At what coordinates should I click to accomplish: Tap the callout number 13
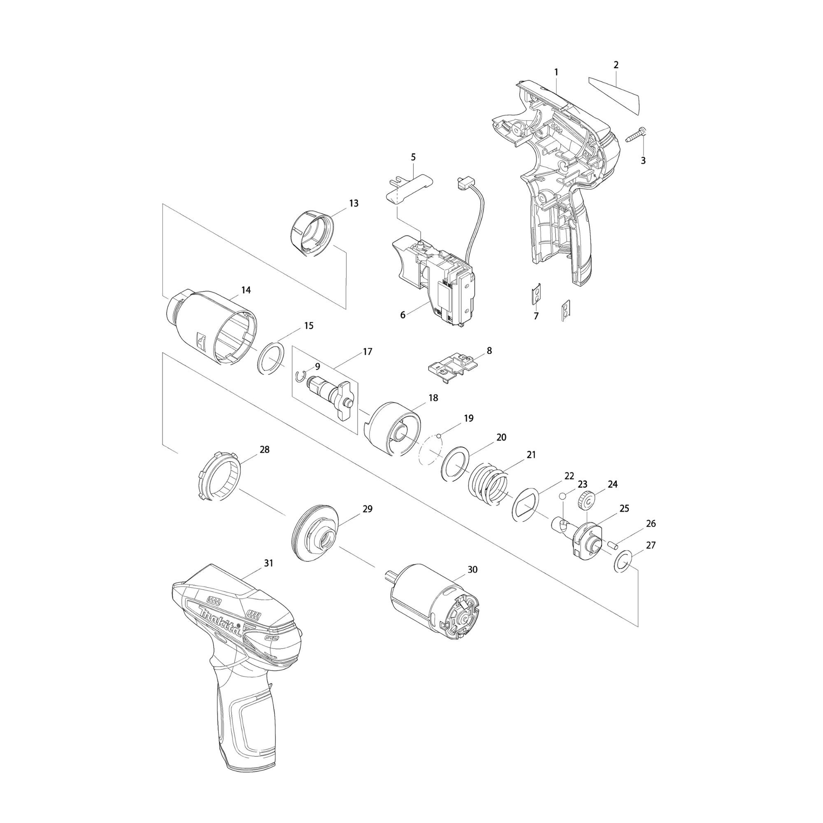point(353,203)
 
